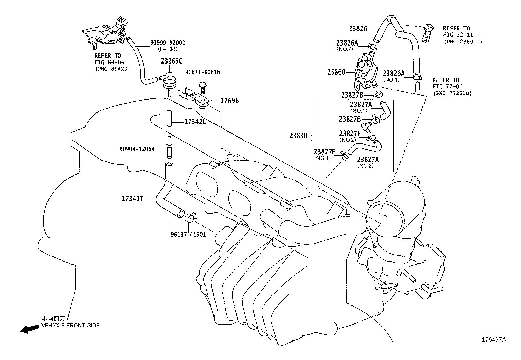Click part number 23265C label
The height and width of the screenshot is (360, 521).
[171, 61]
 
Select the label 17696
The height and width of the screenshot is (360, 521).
[229, 101]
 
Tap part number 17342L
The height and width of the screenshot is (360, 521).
[195, 122]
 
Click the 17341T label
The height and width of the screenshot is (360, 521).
[133, 199]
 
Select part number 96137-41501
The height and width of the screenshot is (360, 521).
[188, 234]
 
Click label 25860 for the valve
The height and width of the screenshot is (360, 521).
[336, 72]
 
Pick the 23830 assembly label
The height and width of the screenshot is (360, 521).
[298, 135]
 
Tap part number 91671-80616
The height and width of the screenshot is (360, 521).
[202, 72]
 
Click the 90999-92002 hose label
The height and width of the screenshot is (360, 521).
[168, 43]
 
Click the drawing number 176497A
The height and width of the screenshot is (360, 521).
[494, 340]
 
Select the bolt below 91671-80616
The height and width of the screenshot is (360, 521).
[202, 87]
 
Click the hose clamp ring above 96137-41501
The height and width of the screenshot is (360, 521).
[190, 218]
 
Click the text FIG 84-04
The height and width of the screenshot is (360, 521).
[109, 62]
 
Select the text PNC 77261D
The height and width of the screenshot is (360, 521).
[452, 93]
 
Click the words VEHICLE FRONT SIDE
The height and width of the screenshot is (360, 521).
[70, 325]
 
